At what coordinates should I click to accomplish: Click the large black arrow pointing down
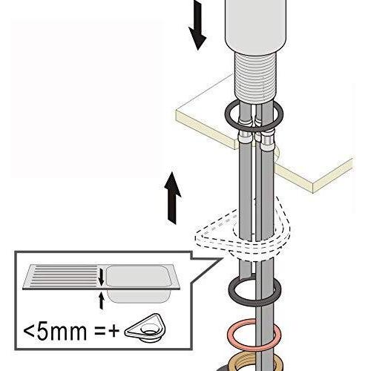197,24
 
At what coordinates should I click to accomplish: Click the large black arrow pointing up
173,198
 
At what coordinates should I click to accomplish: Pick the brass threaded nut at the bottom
254,364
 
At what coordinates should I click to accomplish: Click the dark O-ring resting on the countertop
254,115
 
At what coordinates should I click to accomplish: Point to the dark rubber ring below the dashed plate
255,292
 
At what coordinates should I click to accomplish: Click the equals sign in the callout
99,332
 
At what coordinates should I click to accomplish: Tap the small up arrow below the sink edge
101,301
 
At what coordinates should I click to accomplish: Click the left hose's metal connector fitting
243,137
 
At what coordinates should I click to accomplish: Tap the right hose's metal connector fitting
268,139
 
